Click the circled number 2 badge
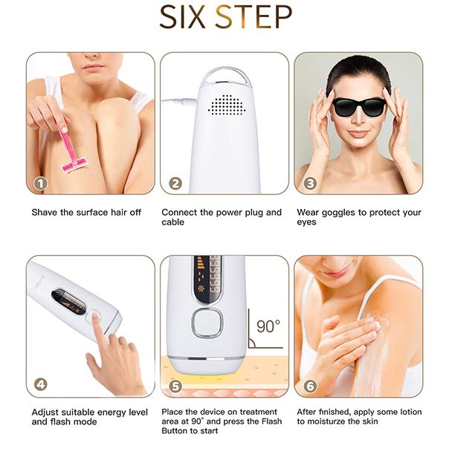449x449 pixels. tap(175, 183)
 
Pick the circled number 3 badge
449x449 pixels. tap(310, 183)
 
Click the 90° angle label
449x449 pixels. tap(268, 326)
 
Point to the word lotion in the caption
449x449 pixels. tap(407, 412)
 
